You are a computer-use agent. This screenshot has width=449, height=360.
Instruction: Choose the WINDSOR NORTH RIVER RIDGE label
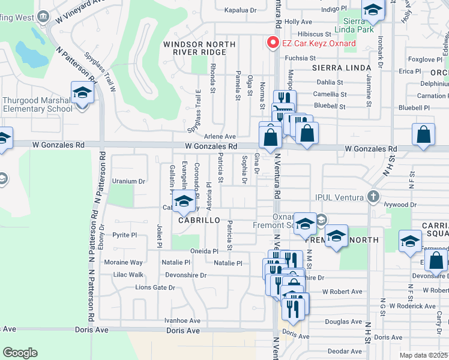195,48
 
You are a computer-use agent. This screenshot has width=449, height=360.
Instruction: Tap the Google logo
20,353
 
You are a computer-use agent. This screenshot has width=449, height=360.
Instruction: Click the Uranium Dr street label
129,181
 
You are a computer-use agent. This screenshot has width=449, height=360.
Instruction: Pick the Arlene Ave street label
219,137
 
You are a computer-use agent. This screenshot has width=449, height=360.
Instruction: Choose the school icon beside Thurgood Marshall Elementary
82,93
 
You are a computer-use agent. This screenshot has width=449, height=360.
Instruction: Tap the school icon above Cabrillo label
184,202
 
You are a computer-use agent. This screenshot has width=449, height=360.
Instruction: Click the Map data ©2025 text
423,355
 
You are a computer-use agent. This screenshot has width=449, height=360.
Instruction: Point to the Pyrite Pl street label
125,235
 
